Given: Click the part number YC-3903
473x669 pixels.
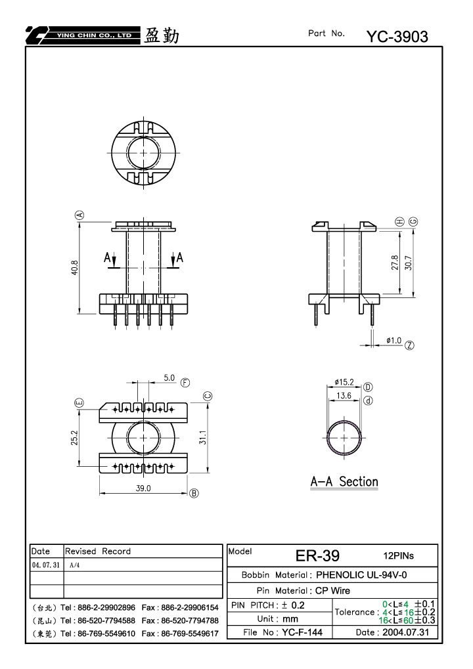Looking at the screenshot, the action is coord(397,37).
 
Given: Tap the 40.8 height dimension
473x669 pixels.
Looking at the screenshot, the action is coord(75,267).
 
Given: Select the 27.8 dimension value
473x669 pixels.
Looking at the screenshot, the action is coord(394,263).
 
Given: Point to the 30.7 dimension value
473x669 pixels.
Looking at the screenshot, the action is coord(409,263).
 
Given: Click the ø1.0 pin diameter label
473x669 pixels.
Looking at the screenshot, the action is coord(394,341).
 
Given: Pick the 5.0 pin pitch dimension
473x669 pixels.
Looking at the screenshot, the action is coord(169,378).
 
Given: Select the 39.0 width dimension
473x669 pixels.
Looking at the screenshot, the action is coord(143,488).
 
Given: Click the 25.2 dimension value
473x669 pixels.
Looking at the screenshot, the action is coord(75,438).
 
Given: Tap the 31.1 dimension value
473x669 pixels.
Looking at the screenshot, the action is coord(203,437).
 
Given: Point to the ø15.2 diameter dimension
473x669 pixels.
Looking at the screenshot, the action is coord(344,382).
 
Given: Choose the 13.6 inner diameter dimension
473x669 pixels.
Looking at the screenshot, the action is coord(344,395).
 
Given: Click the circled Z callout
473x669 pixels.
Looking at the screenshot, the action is coord(409,345).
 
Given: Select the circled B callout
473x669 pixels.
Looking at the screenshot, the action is coord(194,493).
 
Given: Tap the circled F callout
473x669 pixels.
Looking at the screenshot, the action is coord(185,383).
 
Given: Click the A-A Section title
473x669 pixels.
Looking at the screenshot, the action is coord(344,482).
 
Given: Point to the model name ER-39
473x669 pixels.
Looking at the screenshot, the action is coord(317,555).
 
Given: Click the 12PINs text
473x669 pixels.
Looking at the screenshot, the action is coord(398,555).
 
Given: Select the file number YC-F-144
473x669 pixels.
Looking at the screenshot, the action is coord(302,632).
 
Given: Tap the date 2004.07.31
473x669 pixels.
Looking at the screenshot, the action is coord(405,632).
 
